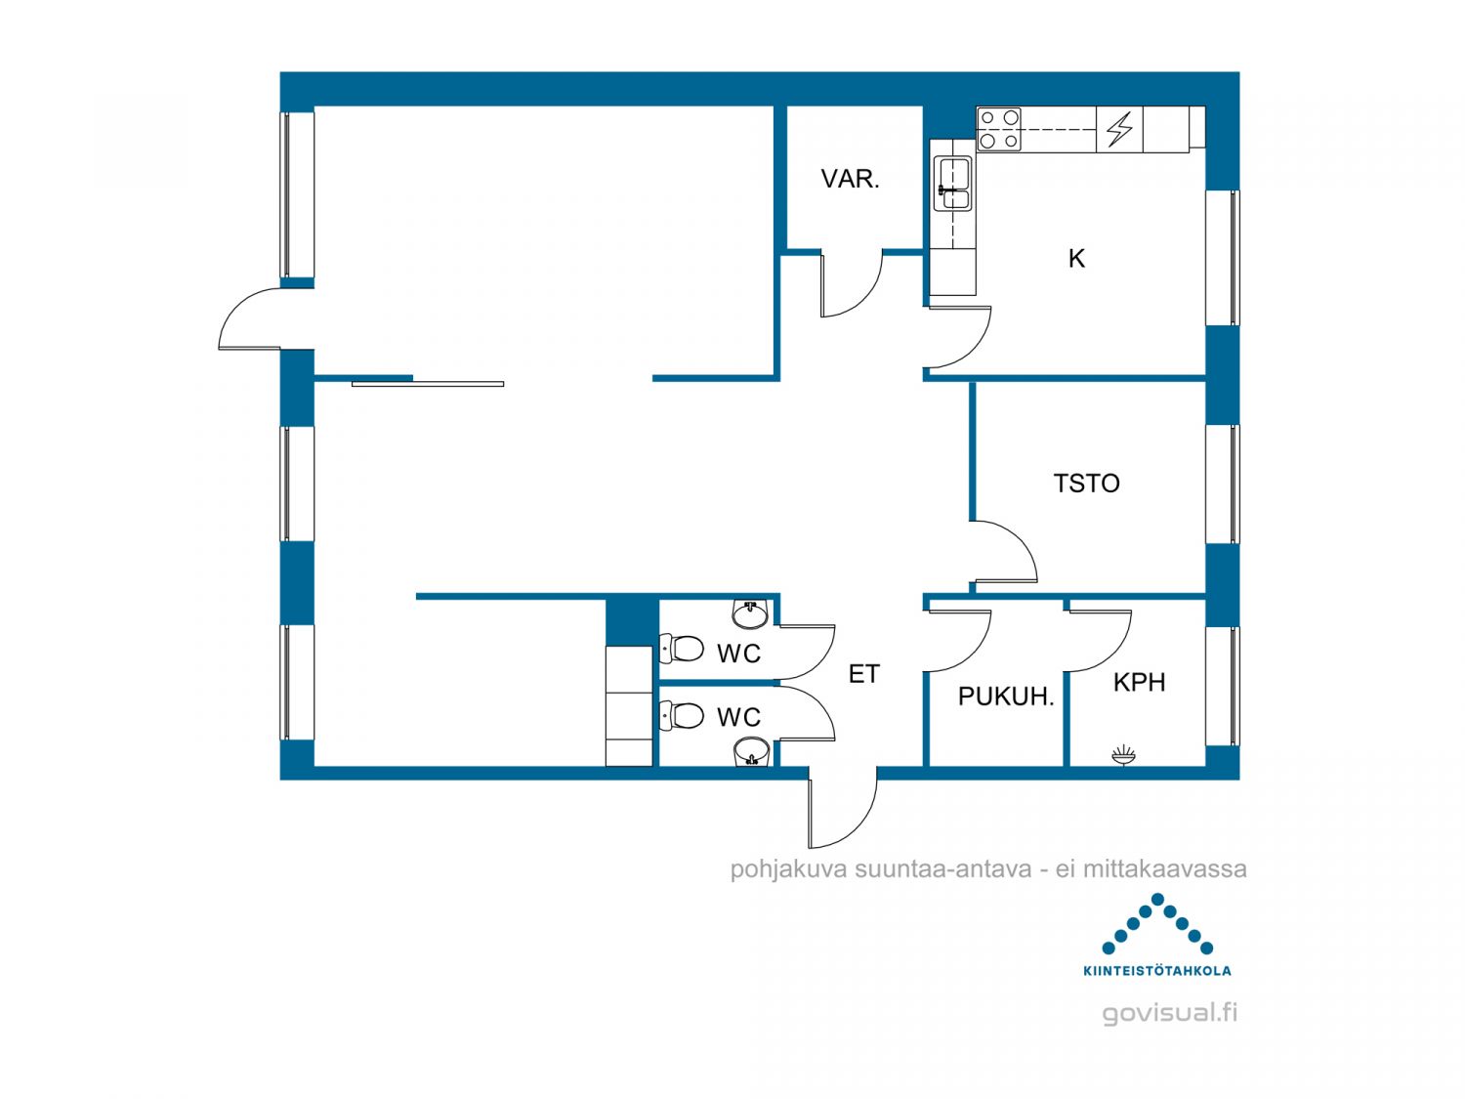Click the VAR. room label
coord(850,179)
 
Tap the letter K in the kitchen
coord(1076,258)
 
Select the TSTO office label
coord(1086,484)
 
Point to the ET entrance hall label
coord(863,674)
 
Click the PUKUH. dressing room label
coord(1005,697)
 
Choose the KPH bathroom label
coord(1139,682)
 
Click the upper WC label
coord(738,654)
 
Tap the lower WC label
coord(738,717)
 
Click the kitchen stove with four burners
coord(998,130)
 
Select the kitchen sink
coord(952,184)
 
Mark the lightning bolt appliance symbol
coord(1119,129)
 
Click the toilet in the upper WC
coord(682,648)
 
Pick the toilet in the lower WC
coord(682,715)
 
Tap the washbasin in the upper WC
coord(751,613)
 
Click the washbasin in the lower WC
coord(751,752)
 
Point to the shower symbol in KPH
coord(1123,755)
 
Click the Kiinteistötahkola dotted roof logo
coord(1156,924)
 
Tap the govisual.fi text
coord(1169,1013)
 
